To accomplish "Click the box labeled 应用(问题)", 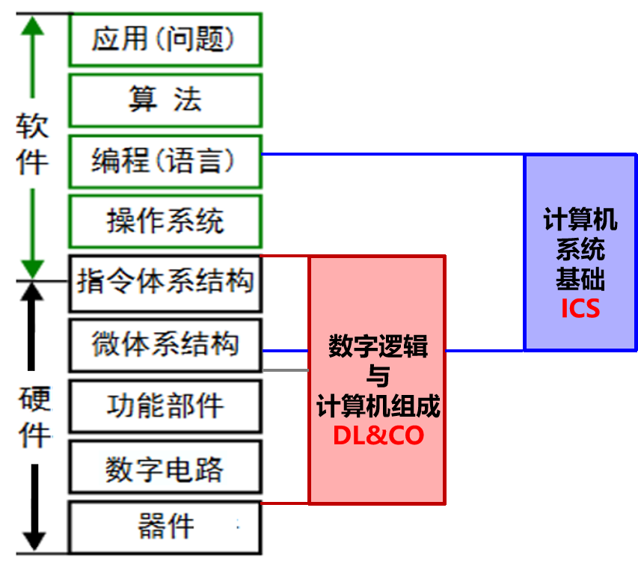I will (165, 39).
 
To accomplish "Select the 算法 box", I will (165, 99).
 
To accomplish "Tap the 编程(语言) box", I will (165, 160).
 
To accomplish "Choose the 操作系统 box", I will (165, 221).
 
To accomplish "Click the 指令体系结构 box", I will (165, 283).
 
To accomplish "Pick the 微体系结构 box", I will (165, 345).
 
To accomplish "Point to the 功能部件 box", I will (165, 406).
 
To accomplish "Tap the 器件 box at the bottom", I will (165, 527).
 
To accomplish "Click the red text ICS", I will (580, 308).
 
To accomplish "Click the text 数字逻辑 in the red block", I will (378, 347).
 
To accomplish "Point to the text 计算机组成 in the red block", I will (378, 407).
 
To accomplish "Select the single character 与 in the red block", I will (378, 376).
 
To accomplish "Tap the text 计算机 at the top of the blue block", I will (580, 221).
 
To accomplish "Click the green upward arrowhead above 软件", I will (32, 27).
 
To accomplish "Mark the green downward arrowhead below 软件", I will (32, 268).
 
